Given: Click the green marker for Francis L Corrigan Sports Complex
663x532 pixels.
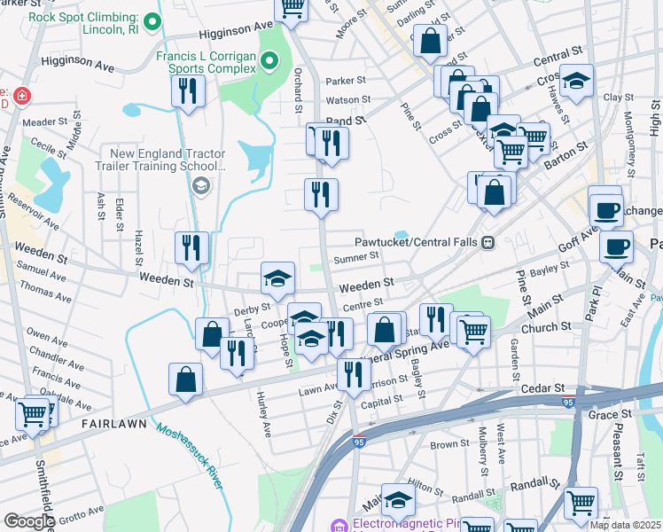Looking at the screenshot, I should point(272,61).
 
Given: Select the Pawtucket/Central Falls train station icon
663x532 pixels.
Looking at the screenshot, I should point(487,242).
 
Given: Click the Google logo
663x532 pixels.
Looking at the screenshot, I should point(29,521).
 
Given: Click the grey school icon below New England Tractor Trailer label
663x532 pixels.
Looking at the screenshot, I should point(201,184).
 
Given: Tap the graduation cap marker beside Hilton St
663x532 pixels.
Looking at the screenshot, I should point(398,501).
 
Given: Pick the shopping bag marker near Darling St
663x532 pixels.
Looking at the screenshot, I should point(431,40).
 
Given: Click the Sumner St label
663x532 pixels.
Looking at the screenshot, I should point(356,257).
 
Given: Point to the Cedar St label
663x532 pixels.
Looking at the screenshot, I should point(547,388).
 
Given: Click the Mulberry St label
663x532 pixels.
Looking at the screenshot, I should point(484,448).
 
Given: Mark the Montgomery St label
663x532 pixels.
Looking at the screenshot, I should point(628,141).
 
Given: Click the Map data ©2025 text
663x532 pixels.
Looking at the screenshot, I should point(625,525).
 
